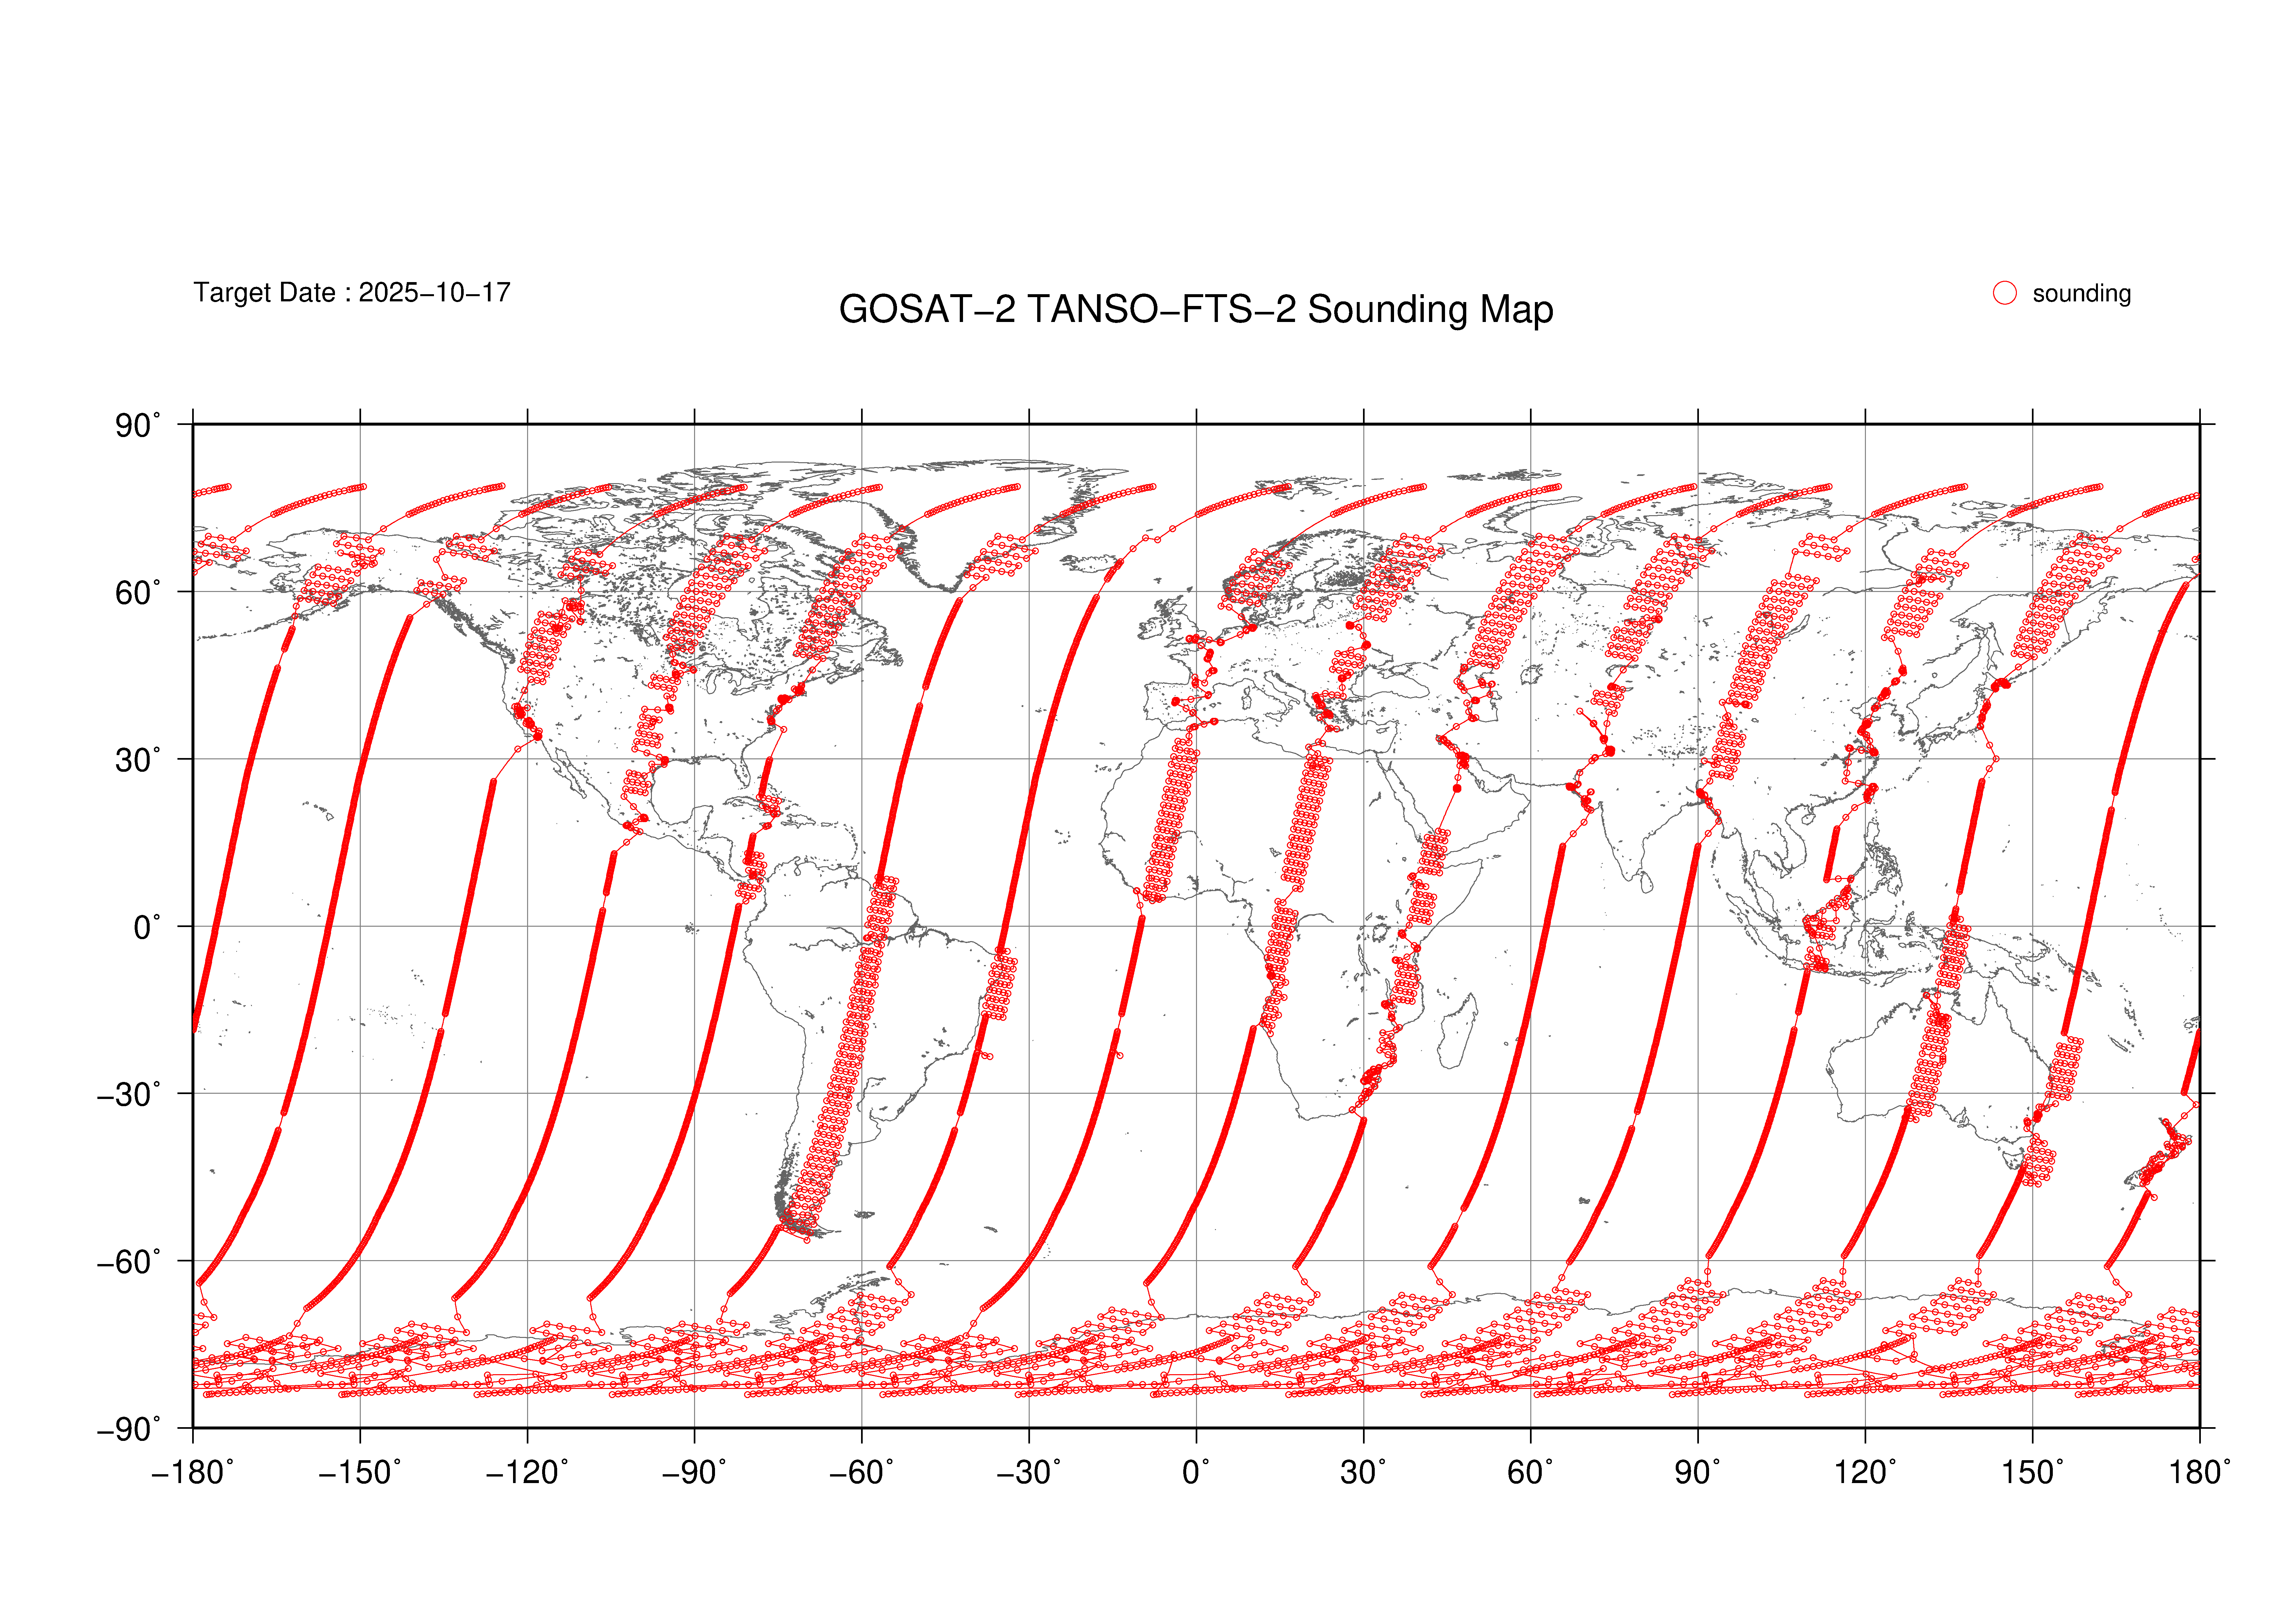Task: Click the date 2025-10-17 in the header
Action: tap(434, 293)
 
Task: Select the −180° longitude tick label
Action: tap(193, 1472)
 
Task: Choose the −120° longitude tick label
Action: tap(527, 1472)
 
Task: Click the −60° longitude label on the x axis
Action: tap(862, 1472)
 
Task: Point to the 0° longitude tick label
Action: tap(1196, 1472)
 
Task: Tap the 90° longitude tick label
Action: tap(1698, 1472)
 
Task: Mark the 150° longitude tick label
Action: tap(2032, 1472)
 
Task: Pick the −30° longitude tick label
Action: tap(1029, 1472)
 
